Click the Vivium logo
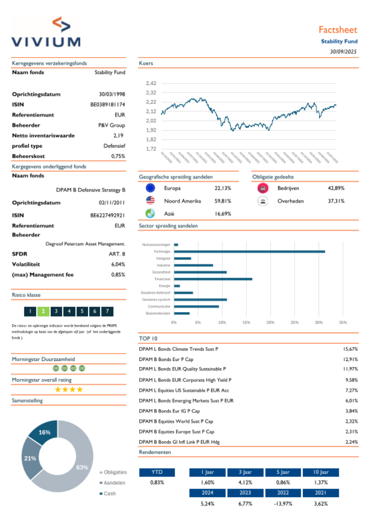[x=46, y=32]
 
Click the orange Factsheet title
[x=338, y=30]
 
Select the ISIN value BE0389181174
[x=107, y=105]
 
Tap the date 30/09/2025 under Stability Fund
[x=343, y=52]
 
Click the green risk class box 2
[x=43, y=311]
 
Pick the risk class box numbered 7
[x=107, y=311]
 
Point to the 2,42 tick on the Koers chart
[x=151, y=83]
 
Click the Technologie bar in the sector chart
[x=249, y=251]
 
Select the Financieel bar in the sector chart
[x=213, y=279]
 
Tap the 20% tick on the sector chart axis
[x=270, y=322]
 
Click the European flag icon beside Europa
[x=150, y=188]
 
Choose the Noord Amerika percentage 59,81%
[x=223, y=201]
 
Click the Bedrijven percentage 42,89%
[x=336, y=188]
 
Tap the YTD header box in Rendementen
[x=157, y=472]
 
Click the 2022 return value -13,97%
[x=283, y=504]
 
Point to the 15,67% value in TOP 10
[x=350, y=349]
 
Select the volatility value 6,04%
[x=118, y=264]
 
